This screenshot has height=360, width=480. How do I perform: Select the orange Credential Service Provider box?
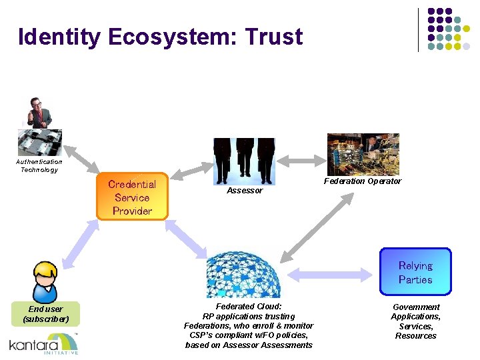tap(132, 197)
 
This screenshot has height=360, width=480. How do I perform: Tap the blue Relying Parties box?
tap(415, 272)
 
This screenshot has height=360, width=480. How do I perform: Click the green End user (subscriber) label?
tap(46, 314)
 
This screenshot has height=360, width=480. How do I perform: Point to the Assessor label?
tap(245, 191)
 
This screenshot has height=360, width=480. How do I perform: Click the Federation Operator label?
tap(363, 181)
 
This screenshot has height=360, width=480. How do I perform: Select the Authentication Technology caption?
tap(39, 165)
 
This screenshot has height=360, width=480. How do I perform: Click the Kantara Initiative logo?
tap(44, 344)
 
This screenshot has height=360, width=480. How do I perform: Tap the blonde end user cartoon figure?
tap(46, 281)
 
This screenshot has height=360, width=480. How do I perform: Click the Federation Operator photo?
tap(363, 154)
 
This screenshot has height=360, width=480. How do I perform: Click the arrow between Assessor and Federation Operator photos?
tap(301, 161)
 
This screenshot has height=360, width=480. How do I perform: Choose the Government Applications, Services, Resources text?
tap(415, 321)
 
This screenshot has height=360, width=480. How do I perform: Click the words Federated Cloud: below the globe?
tap(249, 307)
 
